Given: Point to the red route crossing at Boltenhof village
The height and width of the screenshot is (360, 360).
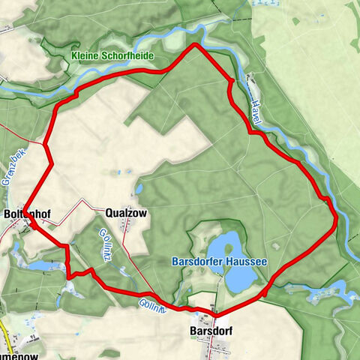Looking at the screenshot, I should coord(34,226).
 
